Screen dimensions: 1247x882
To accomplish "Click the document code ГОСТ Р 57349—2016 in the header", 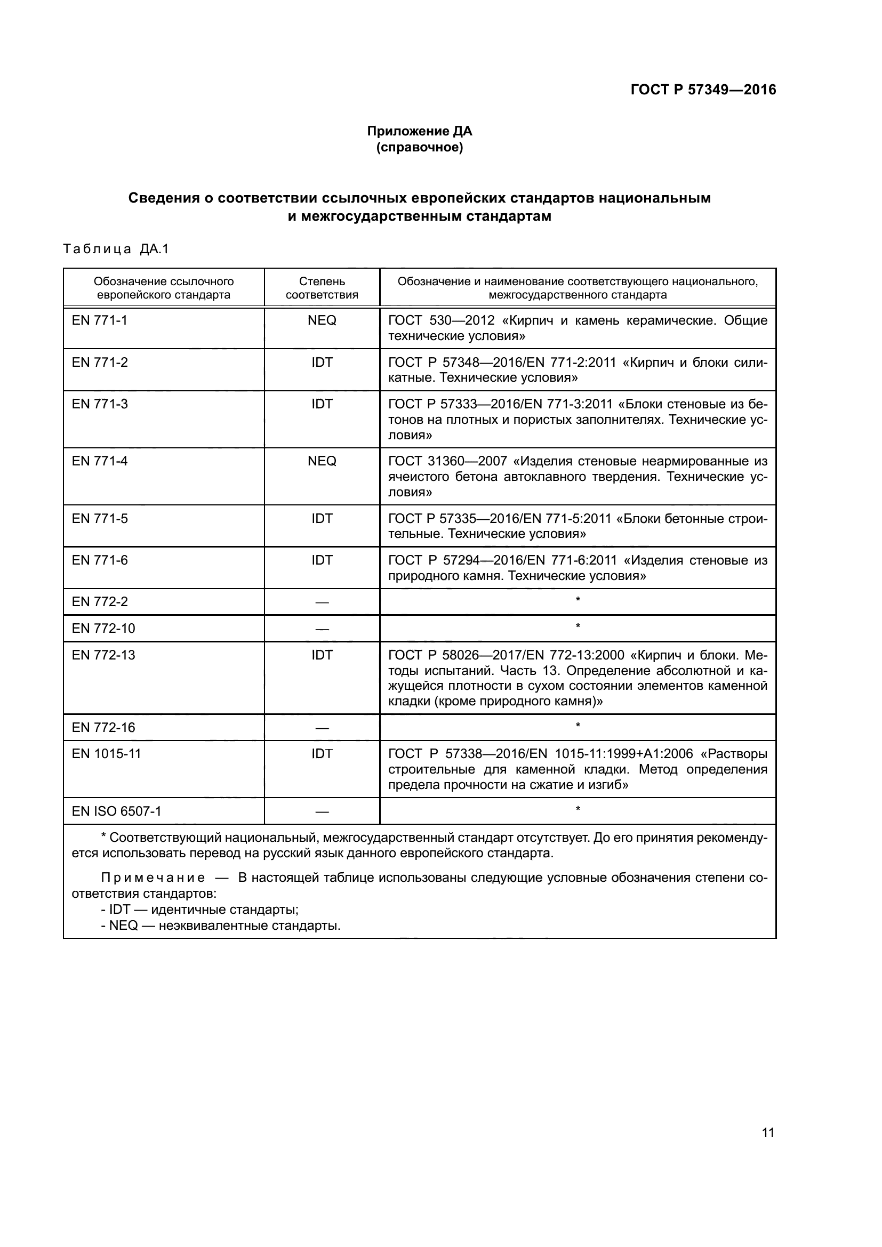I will click(703, 90).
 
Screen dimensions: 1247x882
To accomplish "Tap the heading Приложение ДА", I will click(419, 131).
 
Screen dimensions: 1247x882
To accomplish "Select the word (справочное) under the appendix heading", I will click(419, 147).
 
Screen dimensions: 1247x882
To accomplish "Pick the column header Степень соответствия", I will click(322, 288).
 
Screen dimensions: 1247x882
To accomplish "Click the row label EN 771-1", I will click(99, 320).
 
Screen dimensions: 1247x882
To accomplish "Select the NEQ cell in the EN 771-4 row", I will click(322, 461).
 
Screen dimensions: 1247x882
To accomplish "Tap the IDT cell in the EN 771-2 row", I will click(322, 362).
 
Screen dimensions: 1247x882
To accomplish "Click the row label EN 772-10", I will click(103, 629).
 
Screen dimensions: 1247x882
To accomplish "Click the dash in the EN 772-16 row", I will click(322, 728).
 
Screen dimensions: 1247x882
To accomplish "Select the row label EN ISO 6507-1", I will click(116, 811).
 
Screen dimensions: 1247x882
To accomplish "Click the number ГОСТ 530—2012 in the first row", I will click(441, 320).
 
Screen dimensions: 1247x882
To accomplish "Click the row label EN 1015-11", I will click(106, 754).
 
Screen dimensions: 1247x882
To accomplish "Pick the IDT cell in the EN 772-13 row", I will click(322, 655).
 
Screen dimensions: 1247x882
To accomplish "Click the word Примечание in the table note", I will click(153, 878).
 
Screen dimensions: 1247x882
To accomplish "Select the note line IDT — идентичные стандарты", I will click(199, 910).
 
